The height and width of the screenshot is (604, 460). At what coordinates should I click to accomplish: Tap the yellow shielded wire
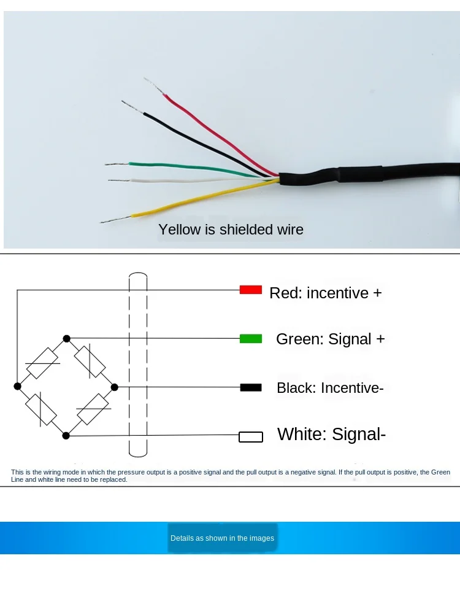[196, 197]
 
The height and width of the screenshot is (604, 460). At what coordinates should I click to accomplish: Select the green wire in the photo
[184, 166]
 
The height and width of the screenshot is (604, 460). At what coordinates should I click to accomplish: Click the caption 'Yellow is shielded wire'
[231, 230]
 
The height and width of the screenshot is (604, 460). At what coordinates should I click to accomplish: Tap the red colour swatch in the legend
[251, 290]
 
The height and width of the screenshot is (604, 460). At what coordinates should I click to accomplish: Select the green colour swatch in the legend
[251, 338]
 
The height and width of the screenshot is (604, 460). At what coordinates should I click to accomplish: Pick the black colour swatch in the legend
[251, 387]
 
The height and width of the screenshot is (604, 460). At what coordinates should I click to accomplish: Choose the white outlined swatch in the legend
[251, 437]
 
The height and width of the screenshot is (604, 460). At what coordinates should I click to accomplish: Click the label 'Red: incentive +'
[326, 293]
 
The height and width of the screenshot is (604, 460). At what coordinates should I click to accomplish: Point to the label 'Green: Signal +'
[331, 339]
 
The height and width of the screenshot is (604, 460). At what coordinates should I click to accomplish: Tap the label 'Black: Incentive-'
[330, 388]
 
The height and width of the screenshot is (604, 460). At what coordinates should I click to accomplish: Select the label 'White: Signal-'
[332, 435]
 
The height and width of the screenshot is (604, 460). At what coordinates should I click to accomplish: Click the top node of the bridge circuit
[66, 338]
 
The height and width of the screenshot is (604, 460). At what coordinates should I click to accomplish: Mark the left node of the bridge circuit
[17, 386]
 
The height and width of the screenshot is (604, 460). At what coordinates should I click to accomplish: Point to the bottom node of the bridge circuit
[66, 435]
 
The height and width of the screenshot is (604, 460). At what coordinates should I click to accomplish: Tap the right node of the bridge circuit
[115, 387]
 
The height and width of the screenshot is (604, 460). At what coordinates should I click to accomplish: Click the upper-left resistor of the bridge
[42, 363]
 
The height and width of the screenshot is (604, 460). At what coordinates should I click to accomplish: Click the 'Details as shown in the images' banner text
[222, 538]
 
